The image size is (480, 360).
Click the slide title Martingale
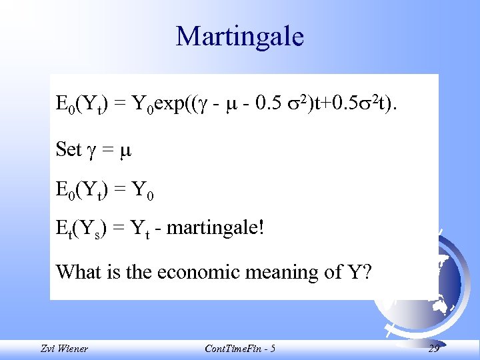tap(239, 36)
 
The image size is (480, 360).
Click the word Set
tap(69, 149)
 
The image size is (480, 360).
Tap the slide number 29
tap(433, 349)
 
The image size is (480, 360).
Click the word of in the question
tap(338, 271)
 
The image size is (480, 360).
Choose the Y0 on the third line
tap(142, 191)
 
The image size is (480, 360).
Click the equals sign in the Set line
tap(108, 150)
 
